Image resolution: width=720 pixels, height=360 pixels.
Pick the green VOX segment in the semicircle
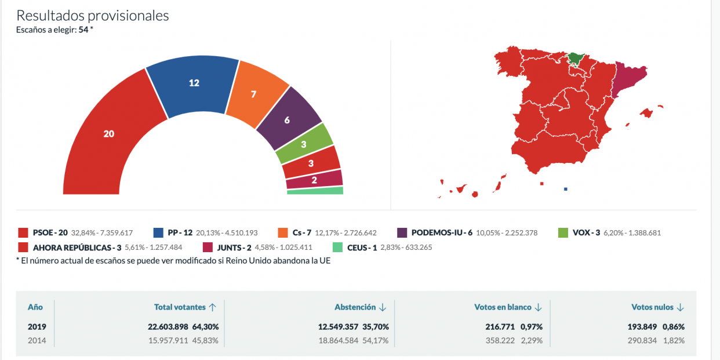pyautogui.click(x=304, y=144)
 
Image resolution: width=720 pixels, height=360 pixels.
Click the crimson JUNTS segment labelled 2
pyautogui.click(x=314, y=180)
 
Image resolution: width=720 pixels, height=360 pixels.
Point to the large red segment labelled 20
pyautogui.click(x=109, y=134)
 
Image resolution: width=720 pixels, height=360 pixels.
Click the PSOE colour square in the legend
pyautogui.click(x=23, y=232)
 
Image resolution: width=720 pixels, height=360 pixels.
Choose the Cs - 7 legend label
pyautogui.click(x=299, y=232)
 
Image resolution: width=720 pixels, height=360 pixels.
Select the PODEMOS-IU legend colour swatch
pyautogui.click(x=402, y=232)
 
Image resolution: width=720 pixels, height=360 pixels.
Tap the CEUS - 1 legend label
pyautogui.click(x=362, y=248)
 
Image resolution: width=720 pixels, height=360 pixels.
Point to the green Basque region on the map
pyautogui.click(x=576, y=57)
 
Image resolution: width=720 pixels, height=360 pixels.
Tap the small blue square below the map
pyautogui.click(x=566, y=189)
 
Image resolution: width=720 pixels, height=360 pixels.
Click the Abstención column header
pyautogui.click(x=354, y=307)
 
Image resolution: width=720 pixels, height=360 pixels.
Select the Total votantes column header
pyautogui.click(x=180, y=307)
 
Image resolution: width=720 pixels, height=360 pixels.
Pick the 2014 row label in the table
pyautogui.click(x=37, y=340)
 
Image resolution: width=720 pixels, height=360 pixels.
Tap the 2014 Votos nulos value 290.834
pyautogui.click(x=642, y=340)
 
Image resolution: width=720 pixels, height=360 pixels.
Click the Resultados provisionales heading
pyautogui.click(x=93, y=16)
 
